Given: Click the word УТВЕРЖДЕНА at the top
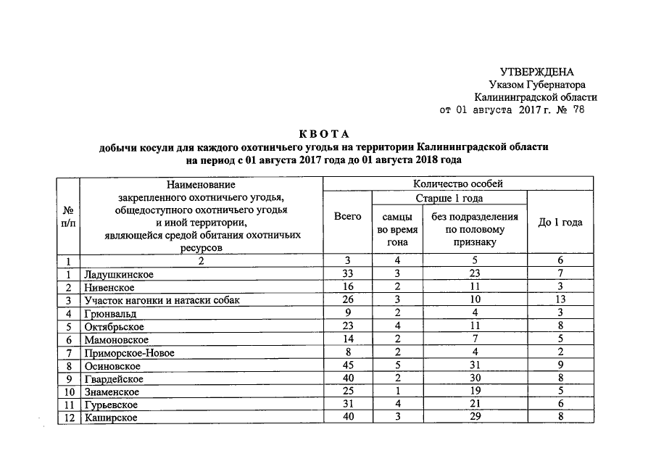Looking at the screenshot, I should tap(537, 71).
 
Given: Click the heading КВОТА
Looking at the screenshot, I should tap(324, 134).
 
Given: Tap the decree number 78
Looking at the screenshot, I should tap(578, 110).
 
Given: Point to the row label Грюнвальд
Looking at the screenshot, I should tap(110, 314).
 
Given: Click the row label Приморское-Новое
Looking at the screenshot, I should tap(129, 353).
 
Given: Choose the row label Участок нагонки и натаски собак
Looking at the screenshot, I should tap(161, 301).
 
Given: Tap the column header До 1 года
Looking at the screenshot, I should tap(560, 223).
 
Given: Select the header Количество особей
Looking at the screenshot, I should tap(457, 184).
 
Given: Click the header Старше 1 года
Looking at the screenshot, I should tap(449, 199).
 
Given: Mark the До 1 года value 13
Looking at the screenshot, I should tap(560, 301).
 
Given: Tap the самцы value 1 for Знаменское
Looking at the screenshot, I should tap(396, 392).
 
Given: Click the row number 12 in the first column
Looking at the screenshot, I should tap(67, 418).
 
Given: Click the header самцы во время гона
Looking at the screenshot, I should tap(396, 229).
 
